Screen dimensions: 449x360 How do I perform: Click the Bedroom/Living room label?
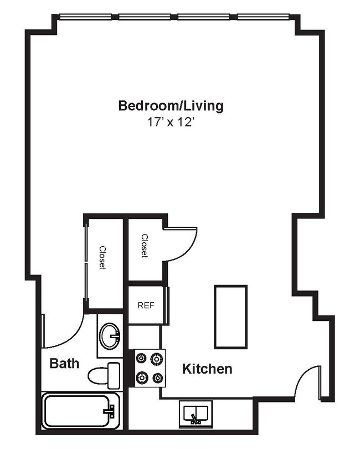point(171,105)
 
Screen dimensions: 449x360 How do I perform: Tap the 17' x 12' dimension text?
point(171,123)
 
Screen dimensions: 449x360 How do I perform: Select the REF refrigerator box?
point(146,305)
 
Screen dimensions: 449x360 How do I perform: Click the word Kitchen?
point(207,369)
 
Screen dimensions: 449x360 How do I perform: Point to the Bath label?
point(64,364)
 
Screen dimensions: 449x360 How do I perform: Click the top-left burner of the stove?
point(141,358)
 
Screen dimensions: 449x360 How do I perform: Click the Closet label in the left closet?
point(102,257)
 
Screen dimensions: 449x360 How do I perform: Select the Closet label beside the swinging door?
point(145,246)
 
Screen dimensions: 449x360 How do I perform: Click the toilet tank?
point(114,375)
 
